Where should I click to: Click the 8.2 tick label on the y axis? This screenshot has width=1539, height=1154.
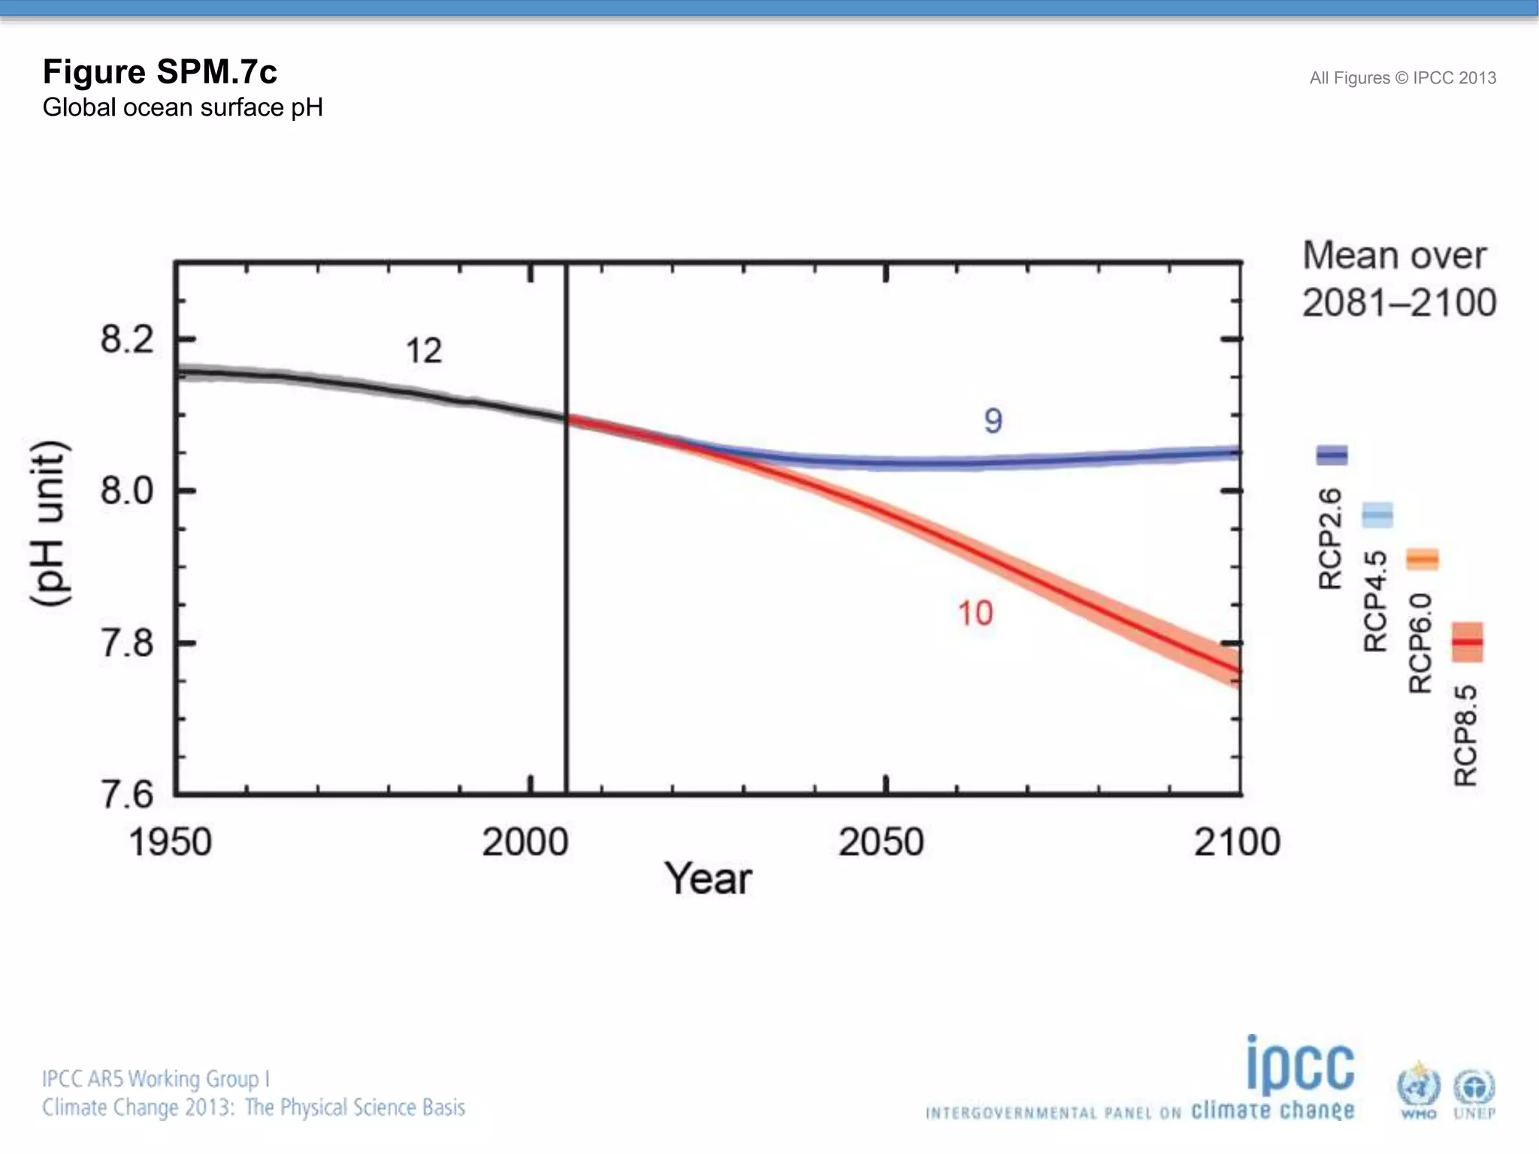[126, 340]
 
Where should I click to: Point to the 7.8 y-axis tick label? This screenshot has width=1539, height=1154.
[126, 644]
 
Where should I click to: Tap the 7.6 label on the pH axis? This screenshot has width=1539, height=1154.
[126, 795]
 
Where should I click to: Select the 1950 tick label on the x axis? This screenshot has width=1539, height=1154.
[171, 842]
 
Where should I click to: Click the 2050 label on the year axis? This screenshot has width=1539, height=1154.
[881, 842]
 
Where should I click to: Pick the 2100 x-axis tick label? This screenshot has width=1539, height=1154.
[1237, 842]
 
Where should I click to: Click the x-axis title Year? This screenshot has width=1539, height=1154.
[707, 879]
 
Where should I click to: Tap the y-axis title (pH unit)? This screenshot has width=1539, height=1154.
[51, 524]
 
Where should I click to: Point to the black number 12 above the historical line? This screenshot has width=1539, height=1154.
[424, 351]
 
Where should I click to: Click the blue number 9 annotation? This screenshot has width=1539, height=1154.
[993, 421]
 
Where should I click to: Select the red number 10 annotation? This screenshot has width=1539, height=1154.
[975, 614]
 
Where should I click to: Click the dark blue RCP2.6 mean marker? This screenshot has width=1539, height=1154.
[1332, 455]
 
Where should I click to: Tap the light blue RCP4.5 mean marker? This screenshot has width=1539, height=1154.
[1377, 515]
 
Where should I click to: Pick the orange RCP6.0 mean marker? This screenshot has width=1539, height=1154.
[1423, 559]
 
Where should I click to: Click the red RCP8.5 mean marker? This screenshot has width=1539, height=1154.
[1467, 642]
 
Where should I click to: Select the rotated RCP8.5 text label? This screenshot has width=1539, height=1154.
[1466, 735]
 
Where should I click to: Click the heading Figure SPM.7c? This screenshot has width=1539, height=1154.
[159, 72]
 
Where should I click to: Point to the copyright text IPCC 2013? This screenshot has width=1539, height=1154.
[1454, 78]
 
